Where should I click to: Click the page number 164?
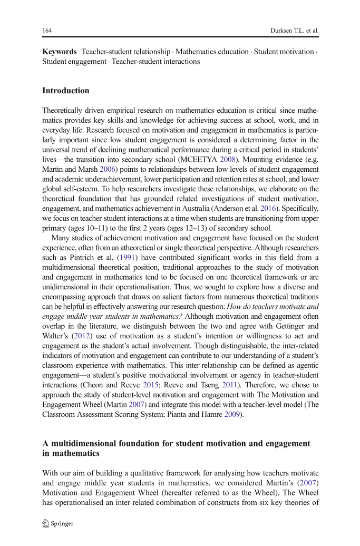click(x=46, y=30)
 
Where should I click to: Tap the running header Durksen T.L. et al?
click(x=293, y=30)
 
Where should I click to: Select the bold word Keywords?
click(x=59, y=52)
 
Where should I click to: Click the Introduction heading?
click(x=65, y=91)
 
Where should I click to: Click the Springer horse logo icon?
click(x=46, y=523)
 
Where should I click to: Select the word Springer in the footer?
click(x=63, y=524)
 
